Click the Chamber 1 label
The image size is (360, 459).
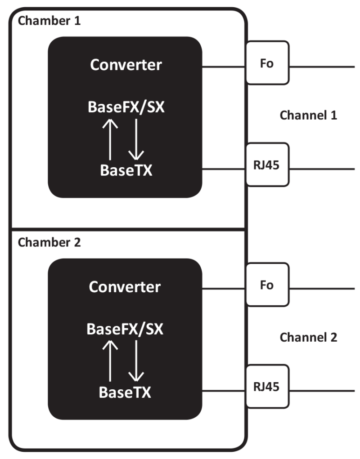pyautogui.click(x=49, y=21)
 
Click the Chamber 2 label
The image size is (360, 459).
pyautogui.click(x=49, y=242)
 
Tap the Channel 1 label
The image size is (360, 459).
pyautogui.click(x=308, y=115)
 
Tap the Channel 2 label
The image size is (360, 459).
pyautogui.click(x=308, y=337)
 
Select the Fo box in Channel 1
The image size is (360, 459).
pyautogui.click(x=267, y=63)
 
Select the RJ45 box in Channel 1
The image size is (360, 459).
pyautogui.click(x=267, y=165)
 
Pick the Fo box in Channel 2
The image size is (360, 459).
pyautogui.click(x=267, y=285)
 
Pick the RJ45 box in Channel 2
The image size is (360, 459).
pyautogui.click(x=267, y=387)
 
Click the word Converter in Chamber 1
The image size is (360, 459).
pyautogui.click(x=126, y=65)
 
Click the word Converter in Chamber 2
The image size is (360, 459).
pyautogui.click(x=125, y=287)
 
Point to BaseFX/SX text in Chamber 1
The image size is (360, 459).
pyautogui.click(x=126, y=107)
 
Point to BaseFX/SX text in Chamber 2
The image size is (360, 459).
pyautogui.click(x=125, y=330)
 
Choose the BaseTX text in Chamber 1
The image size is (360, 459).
pyautogui.click(x=126, y=170)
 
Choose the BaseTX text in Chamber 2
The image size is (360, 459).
pyautogui.click(x=125, y=392)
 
